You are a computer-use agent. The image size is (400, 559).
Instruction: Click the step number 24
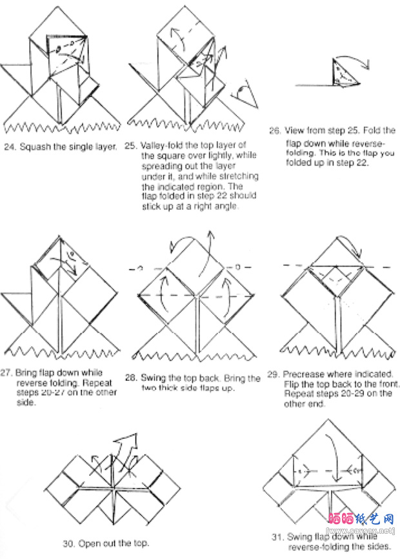click(x=8, y=147)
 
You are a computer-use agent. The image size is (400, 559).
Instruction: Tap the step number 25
click(x=130, y=146)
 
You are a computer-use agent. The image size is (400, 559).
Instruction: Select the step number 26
click(x=274, y=131)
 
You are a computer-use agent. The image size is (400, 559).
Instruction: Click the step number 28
click(x=130, y=378)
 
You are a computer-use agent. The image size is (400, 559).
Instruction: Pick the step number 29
click(x=272, y=374)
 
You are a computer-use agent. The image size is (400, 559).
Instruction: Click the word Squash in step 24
click(x=34, y=147)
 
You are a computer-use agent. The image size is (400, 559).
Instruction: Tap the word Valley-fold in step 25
click(x=159, y=146)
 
